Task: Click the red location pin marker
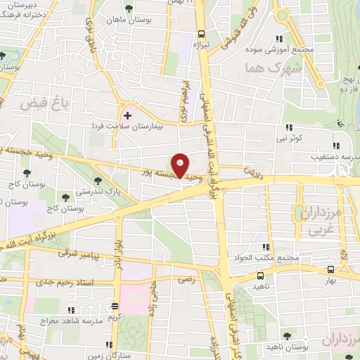click(x=181, y=165)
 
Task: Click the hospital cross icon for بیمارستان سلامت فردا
click(x=127, y=115)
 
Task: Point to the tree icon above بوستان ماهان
click(x=129, y=9)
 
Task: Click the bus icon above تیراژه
click(x=202, y=33)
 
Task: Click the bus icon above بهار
click(x=330, y=269)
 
